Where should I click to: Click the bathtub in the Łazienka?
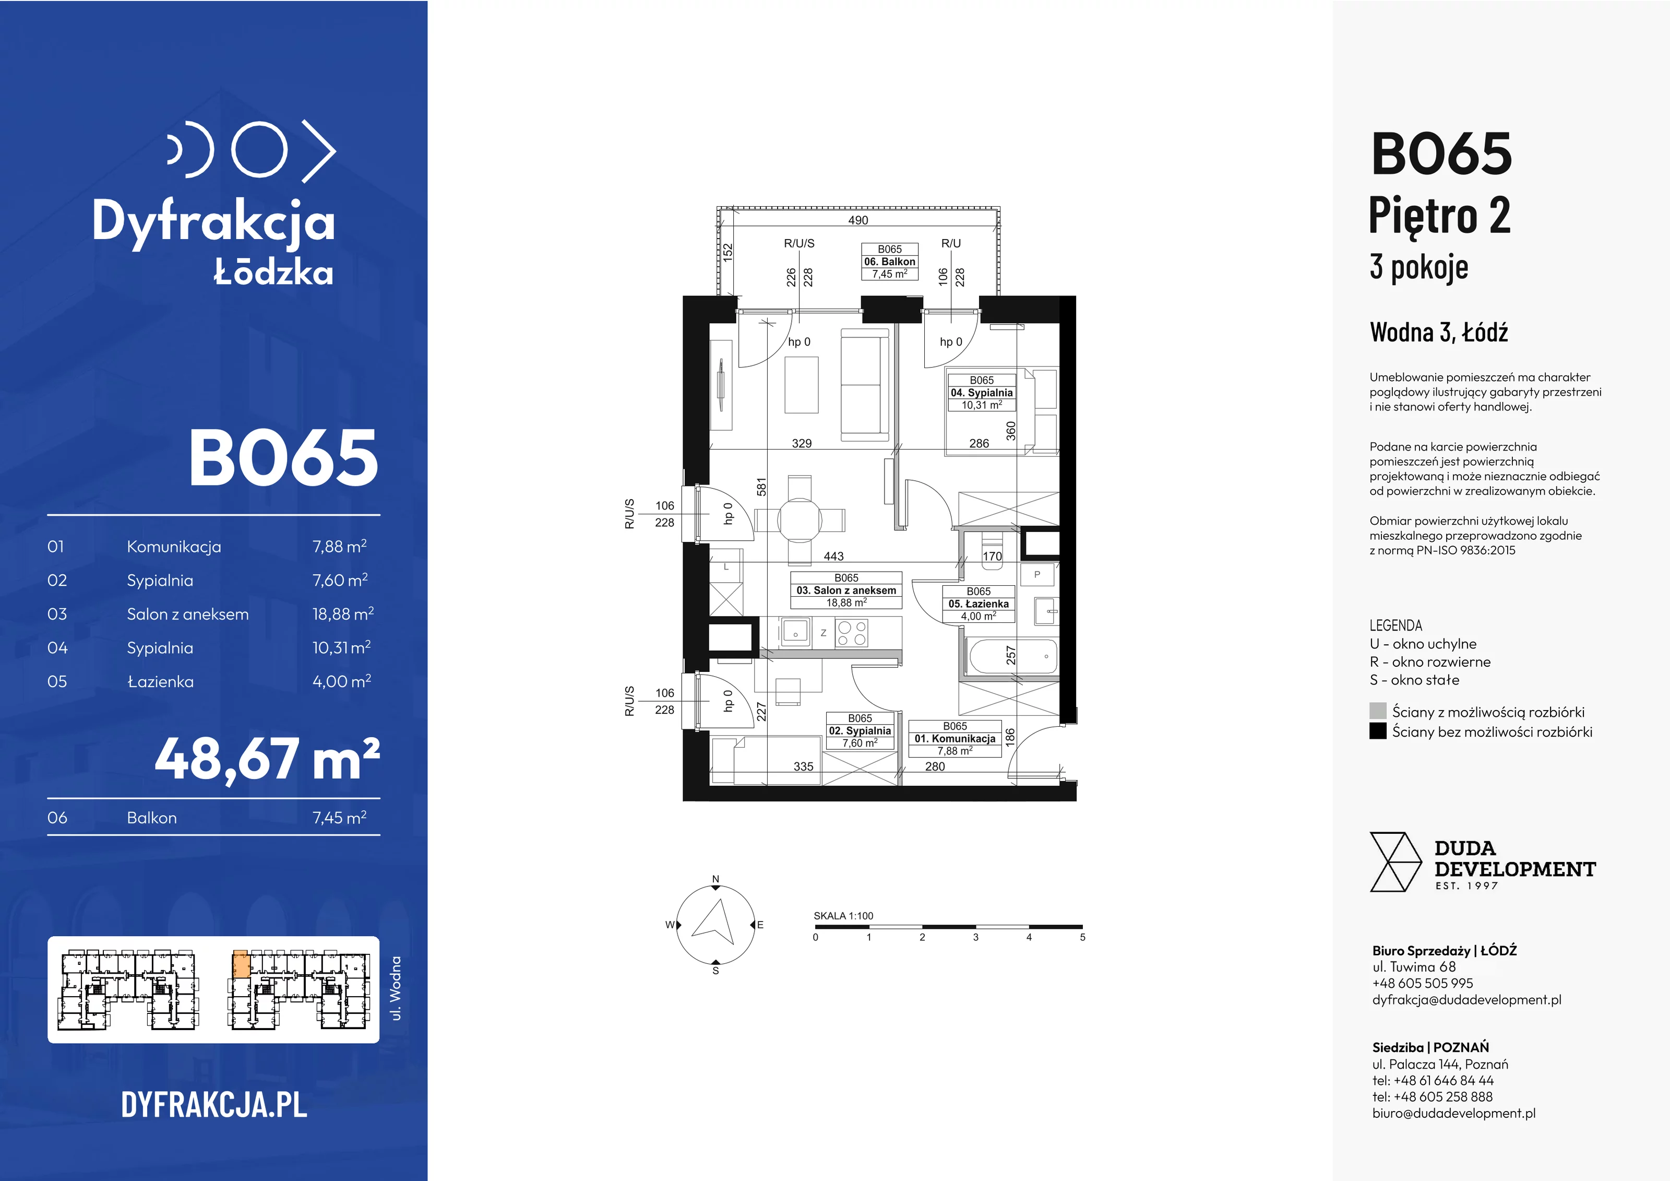pyautogui.click(x=1012, y=656)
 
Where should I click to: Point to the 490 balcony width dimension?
pyautogui.click(x=858, y=220)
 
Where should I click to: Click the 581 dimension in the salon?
pyautogui.click(x=761, y=487)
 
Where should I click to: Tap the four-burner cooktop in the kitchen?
pyautogui.click(x=852, y=632)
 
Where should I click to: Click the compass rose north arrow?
pyautogui.click(x=715, y=923)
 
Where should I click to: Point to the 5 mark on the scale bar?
pyautogui.click(x=1082, y=937)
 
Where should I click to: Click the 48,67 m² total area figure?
pyautogui.click(x=267, y=759)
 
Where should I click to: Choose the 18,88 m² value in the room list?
pyautogui.click(x=342, y=613)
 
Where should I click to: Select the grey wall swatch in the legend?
pyautogui.click(x=1378, y=711)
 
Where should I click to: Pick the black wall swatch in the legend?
pyautogui.click(x=1378, y=730)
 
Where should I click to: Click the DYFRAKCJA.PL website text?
pyautogui.click(x=214, y=1105)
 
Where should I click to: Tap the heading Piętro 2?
pyautogui.click(x=1439, y=216)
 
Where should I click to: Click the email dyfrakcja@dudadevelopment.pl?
pyautogui.click(x=1466, y=1000)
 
